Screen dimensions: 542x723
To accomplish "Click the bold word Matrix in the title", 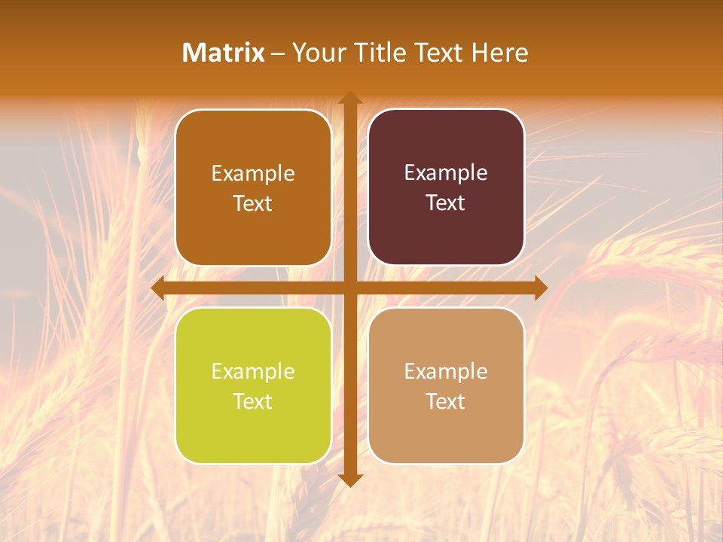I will (224, 53).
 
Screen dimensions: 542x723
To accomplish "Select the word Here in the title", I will (499, 53).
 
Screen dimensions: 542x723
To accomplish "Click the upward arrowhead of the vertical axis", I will (349, 99).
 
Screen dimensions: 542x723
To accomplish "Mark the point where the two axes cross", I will (349, 288).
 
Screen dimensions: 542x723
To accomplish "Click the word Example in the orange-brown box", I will (253, 174).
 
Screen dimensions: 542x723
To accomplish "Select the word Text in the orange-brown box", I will (253, 204).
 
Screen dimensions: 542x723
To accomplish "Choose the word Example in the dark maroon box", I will (446, 173).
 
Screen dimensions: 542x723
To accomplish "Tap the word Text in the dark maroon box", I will (446, 203).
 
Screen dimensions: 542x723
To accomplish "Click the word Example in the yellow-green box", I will (253, 372).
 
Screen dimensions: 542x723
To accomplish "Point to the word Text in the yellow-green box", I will (253, 402).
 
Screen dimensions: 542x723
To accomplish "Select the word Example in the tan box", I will (446, 372).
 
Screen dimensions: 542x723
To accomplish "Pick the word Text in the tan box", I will (446, 402).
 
